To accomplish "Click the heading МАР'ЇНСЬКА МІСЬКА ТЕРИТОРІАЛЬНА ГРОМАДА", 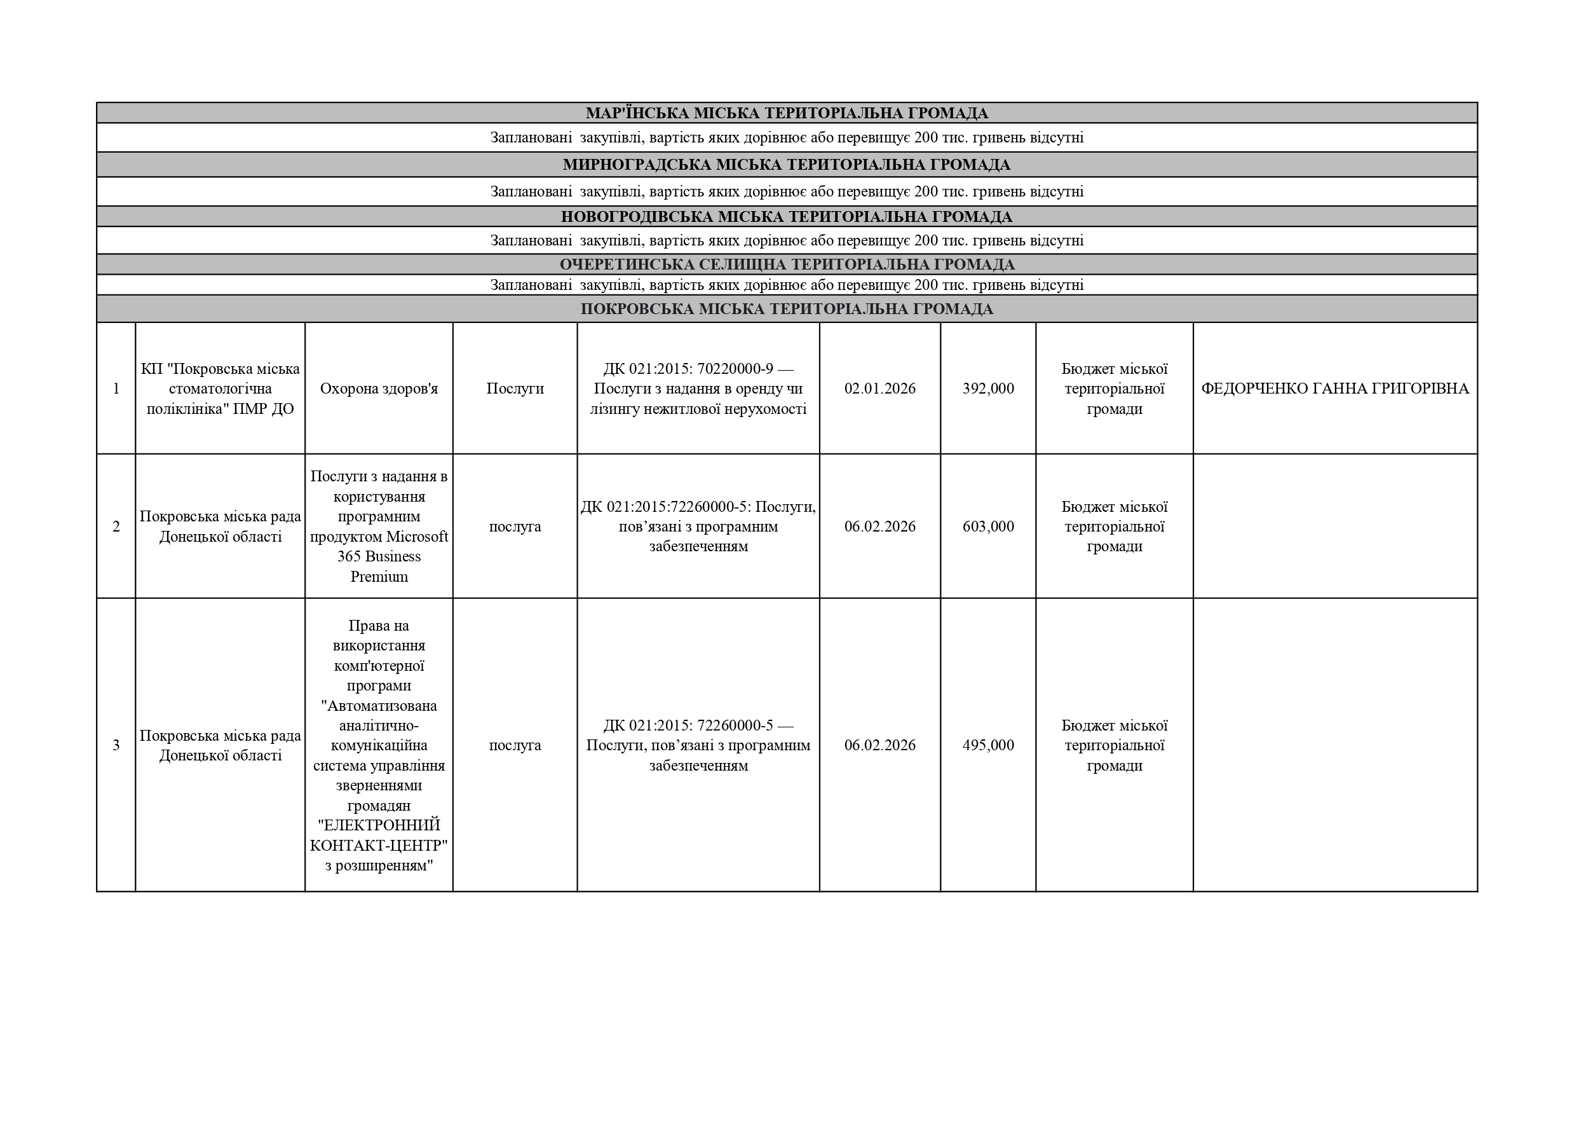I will tap(786, 113).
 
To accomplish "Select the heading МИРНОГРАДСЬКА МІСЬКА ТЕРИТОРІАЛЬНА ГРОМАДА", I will tap(786, 165).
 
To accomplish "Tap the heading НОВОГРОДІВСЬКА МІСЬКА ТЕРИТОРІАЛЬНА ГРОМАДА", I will tap(786, 217).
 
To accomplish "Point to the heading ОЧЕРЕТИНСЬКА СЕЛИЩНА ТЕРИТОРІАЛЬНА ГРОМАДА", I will tap(786, 264).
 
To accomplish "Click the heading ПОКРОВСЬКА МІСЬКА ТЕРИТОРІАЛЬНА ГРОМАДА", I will tap(786, 309).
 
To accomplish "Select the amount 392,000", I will tap(987, 388).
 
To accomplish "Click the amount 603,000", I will tap(987, 526).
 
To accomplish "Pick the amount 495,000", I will tap(987, 746).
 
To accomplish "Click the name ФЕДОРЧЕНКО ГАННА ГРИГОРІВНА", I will tap(1334, 388).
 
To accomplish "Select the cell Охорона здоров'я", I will tap(379, 388).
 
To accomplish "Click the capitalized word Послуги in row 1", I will tap(515, 388).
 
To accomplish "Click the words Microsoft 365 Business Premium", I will tap(379, 557).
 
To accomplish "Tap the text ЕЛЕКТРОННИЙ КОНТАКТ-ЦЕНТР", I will tap(379, 836).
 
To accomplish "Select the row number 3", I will tap(116, 746).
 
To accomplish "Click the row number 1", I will tap(116, 388).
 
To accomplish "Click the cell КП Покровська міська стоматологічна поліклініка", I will tap(220, 388).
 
